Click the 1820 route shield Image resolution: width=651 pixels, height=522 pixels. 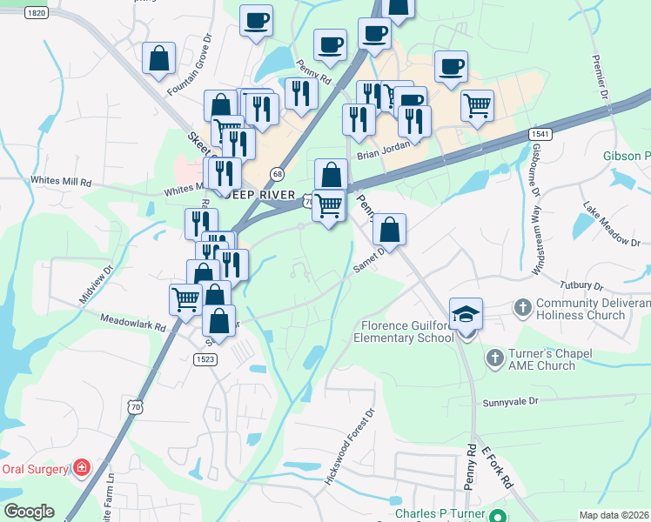click(x=36, y=13)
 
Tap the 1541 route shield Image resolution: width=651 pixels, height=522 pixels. click(x=539, y=134)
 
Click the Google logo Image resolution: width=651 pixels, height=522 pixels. click(x=28, y=512)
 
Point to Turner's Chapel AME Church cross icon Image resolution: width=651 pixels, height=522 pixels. click(x=494, y=358)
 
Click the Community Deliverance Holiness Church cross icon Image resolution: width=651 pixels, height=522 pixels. click(x=522, y=307)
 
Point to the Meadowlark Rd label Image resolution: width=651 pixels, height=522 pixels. click(x=132, y=325)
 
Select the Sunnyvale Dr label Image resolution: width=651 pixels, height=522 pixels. click(x=511, y=403)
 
